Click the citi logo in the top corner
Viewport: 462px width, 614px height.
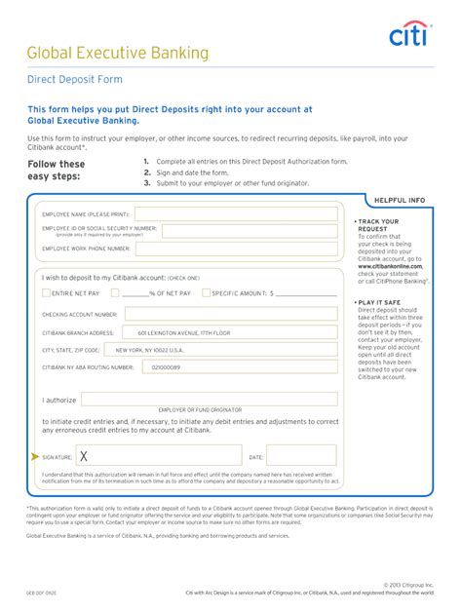409,36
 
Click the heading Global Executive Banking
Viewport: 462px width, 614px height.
118,53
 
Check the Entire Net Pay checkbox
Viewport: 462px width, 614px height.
46,292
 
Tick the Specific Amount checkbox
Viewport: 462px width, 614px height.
207,292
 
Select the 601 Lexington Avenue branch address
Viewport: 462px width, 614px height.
183,332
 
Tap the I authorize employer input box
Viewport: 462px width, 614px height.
209,400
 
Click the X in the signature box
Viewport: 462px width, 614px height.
84,455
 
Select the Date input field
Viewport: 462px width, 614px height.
299,455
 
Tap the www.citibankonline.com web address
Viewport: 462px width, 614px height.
390,265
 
